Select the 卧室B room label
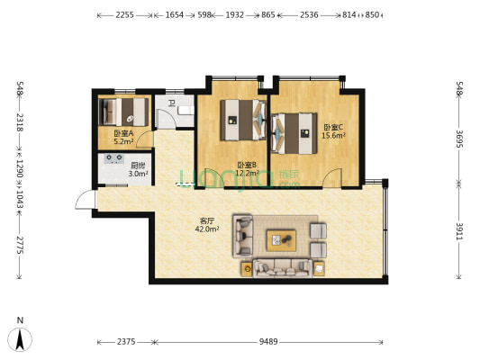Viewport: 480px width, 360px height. pyautogui.click(x=247, y=168)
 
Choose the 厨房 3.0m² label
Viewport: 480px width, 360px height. pyautogui.click(x=138, y=169)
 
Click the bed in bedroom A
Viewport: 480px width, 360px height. pyautogui.click(x=126, y=112)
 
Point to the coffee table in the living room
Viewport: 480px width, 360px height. pyautogui.click(x=280, y=239)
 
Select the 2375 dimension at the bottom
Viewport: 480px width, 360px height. pyautogui.click(x=125, y=341)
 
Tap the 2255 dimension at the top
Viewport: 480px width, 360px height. pyautogui.click(x=125, y=15)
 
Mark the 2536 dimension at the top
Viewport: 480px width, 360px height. pyautogui.click(x=308, y=15)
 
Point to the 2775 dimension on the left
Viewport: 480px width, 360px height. pyautogui.click(x=19, y=246)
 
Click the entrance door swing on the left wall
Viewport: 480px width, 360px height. pyautogui.click(x=84, y=203)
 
